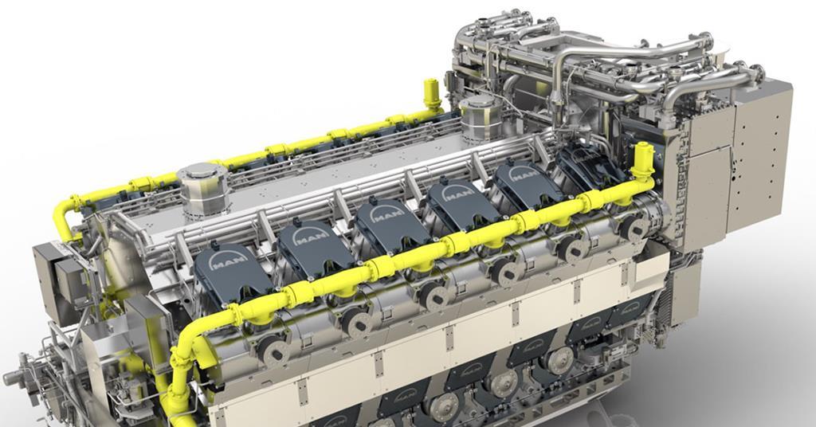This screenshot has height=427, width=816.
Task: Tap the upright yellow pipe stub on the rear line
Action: pos(432,94)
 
